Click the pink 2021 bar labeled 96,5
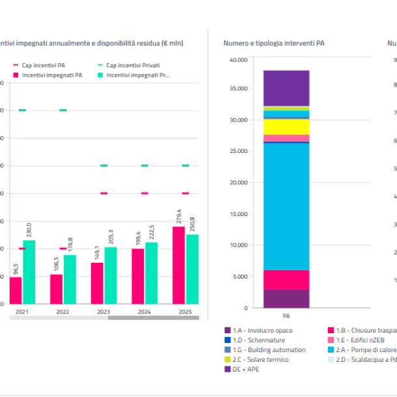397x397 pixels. [16, 290]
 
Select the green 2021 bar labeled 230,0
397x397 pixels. [29, 272]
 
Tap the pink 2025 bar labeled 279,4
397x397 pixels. [178, 265]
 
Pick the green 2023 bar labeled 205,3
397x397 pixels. [110, 275]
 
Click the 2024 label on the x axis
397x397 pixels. [144, 312]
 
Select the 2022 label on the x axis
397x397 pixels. [63, 312]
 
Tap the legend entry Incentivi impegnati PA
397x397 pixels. [47, 75]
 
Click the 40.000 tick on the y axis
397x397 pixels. [238, 60]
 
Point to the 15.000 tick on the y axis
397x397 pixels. [238, 214]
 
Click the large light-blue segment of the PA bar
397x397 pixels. [286, 206]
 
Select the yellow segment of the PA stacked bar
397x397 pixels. [286, 126]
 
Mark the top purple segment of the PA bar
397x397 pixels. [286, 88]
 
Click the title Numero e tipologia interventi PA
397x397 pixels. [274, 44]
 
